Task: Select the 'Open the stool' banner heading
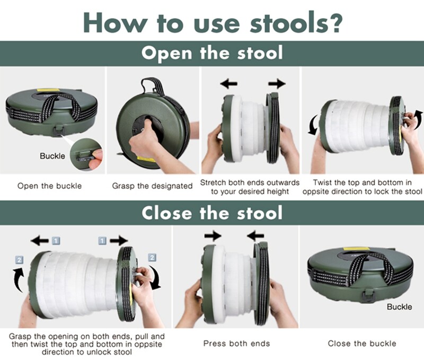click(212, 54)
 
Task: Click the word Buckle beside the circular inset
click(52, 156)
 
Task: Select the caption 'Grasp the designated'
click(152, 186)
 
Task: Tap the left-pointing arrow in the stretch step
click(228, 84)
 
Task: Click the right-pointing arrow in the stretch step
click(277, 84)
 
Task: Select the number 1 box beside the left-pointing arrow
click(56, 241)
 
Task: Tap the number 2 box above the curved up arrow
click(19, 260)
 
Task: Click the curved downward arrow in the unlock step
click(156, 278)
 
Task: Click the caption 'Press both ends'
click(236, 344)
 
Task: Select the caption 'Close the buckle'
click(361, 344)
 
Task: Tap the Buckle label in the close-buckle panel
click(399, 307)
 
